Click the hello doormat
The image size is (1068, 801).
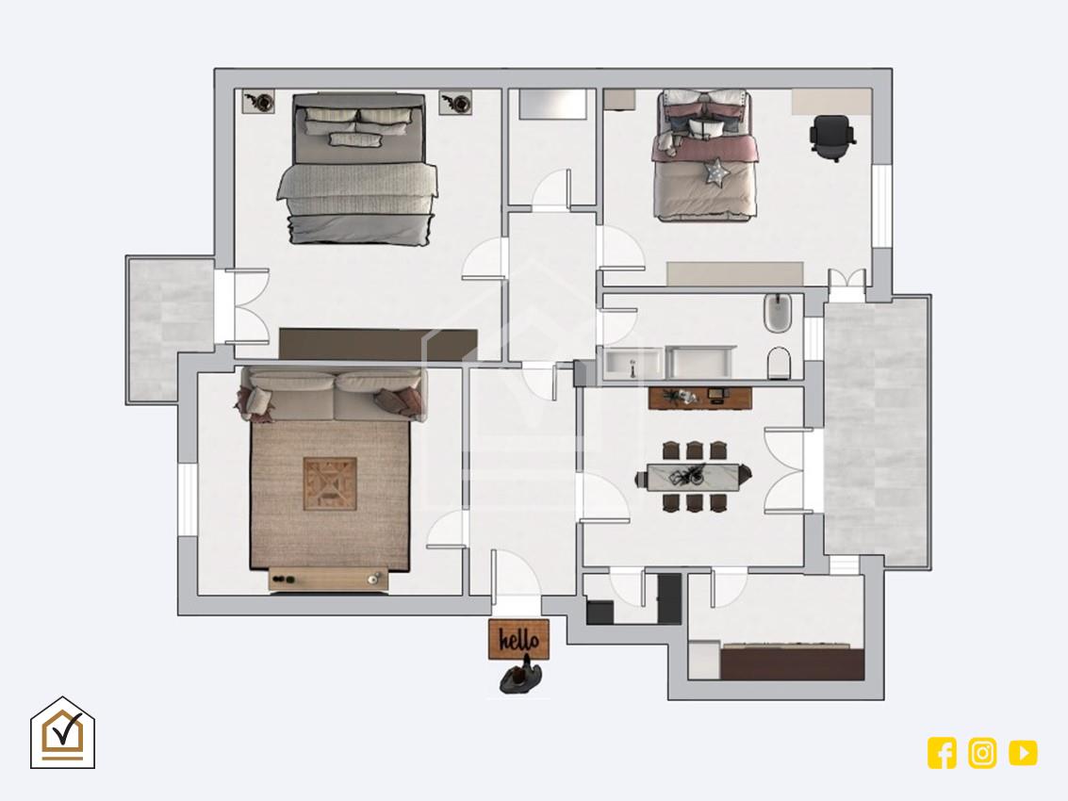[518, 639]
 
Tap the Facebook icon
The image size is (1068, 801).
[942, 753]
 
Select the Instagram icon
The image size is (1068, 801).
[982, 753]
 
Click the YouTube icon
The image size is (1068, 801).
[1023, 753]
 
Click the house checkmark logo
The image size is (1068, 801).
[62, 733]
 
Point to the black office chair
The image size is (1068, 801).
[831, 138]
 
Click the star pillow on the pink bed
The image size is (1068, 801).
[715, 172]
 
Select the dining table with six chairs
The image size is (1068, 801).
[694, 476]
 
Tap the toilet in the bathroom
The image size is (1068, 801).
[779, 363]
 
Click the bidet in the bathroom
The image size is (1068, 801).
[777, 313]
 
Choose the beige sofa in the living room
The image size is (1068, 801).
[332, 394]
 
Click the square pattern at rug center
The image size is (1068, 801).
[330, 483]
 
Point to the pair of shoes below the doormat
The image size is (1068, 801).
[519, 677]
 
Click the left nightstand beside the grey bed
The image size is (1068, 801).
[259, 102]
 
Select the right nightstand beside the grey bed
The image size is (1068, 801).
[455, 102]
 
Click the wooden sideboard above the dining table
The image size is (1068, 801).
[700, 398]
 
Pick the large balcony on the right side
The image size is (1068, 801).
[877, 432]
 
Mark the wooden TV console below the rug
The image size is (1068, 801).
[329, 579]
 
